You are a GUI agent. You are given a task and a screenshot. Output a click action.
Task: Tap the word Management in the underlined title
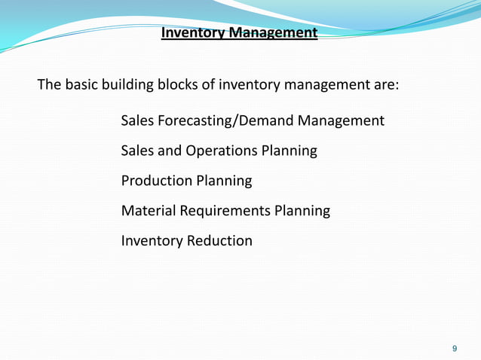pyautogui.click(x=274, y=34)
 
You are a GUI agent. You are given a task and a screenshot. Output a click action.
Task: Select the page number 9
pyautogui.click(x=454, y=348)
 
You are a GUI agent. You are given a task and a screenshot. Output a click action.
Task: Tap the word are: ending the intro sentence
pyautogui.click(x=383, y=84)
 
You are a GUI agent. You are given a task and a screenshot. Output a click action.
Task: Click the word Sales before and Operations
pyautogui.click(x=138, y=151)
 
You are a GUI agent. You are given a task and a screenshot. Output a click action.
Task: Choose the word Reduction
pyautogui.click(x=219, y=241)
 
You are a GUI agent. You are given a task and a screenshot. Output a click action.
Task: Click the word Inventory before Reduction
pyautogui.click(x=152, y=241)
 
